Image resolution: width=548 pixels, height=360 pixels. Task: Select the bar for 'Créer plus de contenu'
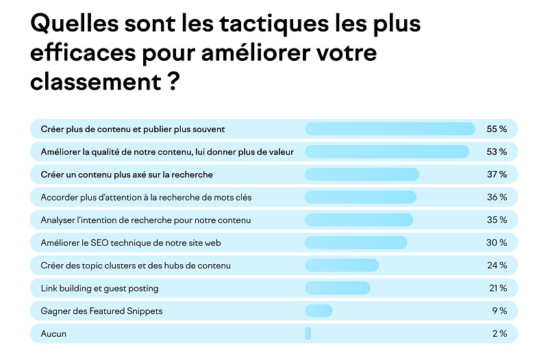pyautogui.click(x=389, y=129)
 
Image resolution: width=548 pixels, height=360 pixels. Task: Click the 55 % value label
pyautogui.click(x=497, y=129)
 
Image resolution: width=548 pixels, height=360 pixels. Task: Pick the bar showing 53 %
pyautogui.click(x=386, y=151)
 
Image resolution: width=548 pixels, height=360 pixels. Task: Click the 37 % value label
pyautogui.click(x=497, y=175)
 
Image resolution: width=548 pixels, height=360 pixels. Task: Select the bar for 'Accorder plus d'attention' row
pyautogui.click(x=360, y=197)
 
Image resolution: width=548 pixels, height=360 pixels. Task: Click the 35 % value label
pyautogui.click(x=497, y=220)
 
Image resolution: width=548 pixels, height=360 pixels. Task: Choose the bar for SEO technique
pyautogui.click(x=356, y=242)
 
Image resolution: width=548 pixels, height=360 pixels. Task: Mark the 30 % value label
pyautogui.click(x=497, y=242)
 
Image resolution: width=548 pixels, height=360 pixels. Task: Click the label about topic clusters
pyautogui.click(x=136, y=265)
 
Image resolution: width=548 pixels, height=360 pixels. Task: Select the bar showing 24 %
pyautogui.click(x=341, y=265)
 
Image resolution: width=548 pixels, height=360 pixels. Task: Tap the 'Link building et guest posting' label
pyautogui.click(x=99, y=288)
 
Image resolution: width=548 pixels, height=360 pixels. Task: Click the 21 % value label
pyautogui.click(x=497, y=288)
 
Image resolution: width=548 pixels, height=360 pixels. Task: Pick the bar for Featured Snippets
pyautogui.click(x=319, y=311)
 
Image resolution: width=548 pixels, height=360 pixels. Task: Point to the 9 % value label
pyautogui.click(x=499, y=311)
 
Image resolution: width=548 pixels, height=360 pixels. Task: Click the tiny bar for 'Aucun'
pyautogui.click(x=308, y=333)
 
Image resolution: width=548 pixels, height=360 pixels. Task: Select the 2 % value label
pyautogui.click(x=499, y=333)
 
